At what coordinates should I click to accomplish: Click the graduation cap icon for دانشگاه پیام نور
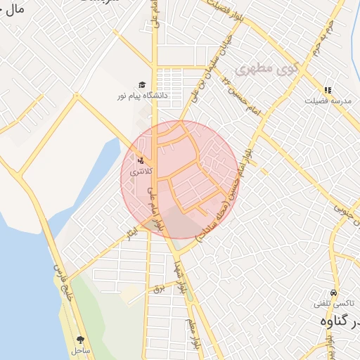143,84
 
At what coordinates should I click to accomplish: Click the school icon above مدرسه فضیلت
327,90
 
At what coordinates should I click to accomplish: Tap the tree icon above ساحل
80,339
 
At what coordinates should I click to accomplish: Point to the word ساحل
80,349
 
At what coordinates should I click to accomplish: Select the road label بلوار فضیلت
232,10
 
